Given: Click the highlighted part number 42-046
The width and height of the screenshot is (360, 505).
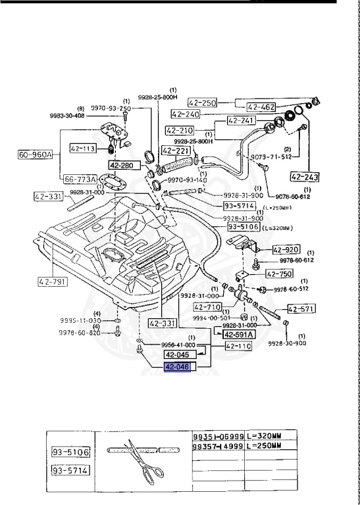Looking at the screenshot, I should click(x=177, y=367).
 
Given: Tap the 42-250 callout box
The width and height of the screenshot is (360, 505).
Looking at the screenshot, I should click(x=202, y=103).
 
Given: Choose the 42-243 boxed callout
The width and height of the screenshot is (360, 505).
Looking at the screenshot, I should click(x=304, y=176).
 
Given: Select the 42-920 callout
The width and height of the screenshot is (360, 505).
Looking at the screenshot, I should click(x=286, y=250).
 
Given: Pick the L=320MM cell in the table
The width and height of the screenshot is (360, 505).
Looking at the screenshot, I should click(x=271, y=436).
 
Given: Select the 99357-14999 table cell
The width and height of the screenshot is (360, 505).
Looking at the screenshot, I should click(x=218, y=445).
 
